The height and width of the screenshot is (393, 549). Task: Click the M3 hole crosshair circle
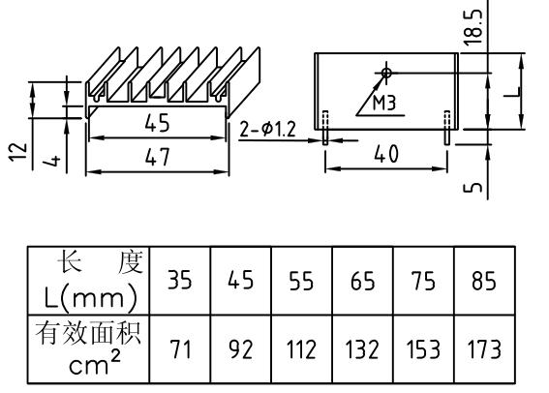pos(386,73)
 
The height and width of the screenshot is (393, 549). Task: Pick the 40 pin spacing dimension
pos(385,156)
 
